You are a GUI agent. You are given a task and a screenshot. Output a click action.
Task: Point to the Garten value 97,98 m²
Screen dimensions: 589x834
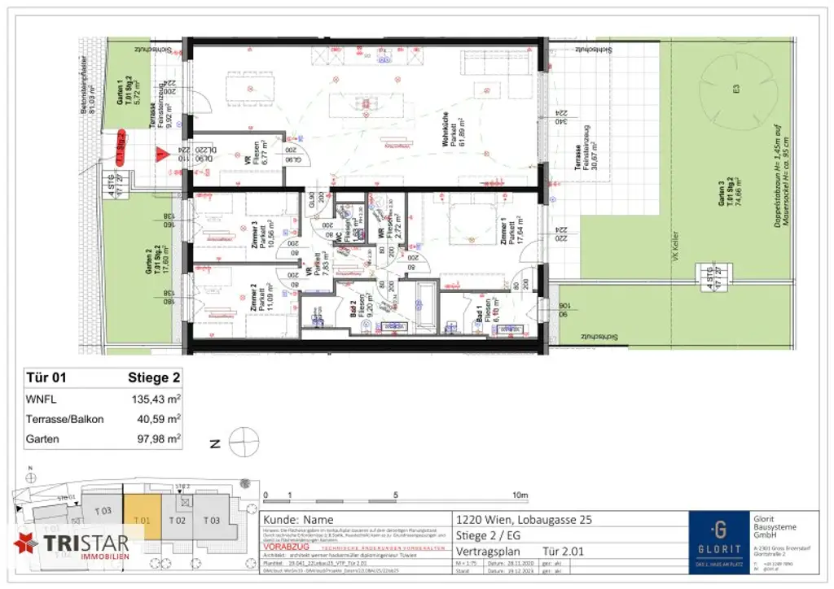(156, 438)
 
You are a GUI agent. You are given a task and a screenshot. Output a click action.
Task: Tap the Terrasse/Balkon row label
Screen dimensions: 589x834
(66, 419)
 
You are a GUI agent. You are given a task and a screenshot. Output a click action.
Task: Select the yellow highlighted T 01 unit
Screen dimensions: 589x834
(142, 521)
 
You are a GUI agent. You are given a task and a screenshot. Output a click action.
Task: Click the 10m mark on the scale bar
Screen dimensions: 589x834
(520, 495)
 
